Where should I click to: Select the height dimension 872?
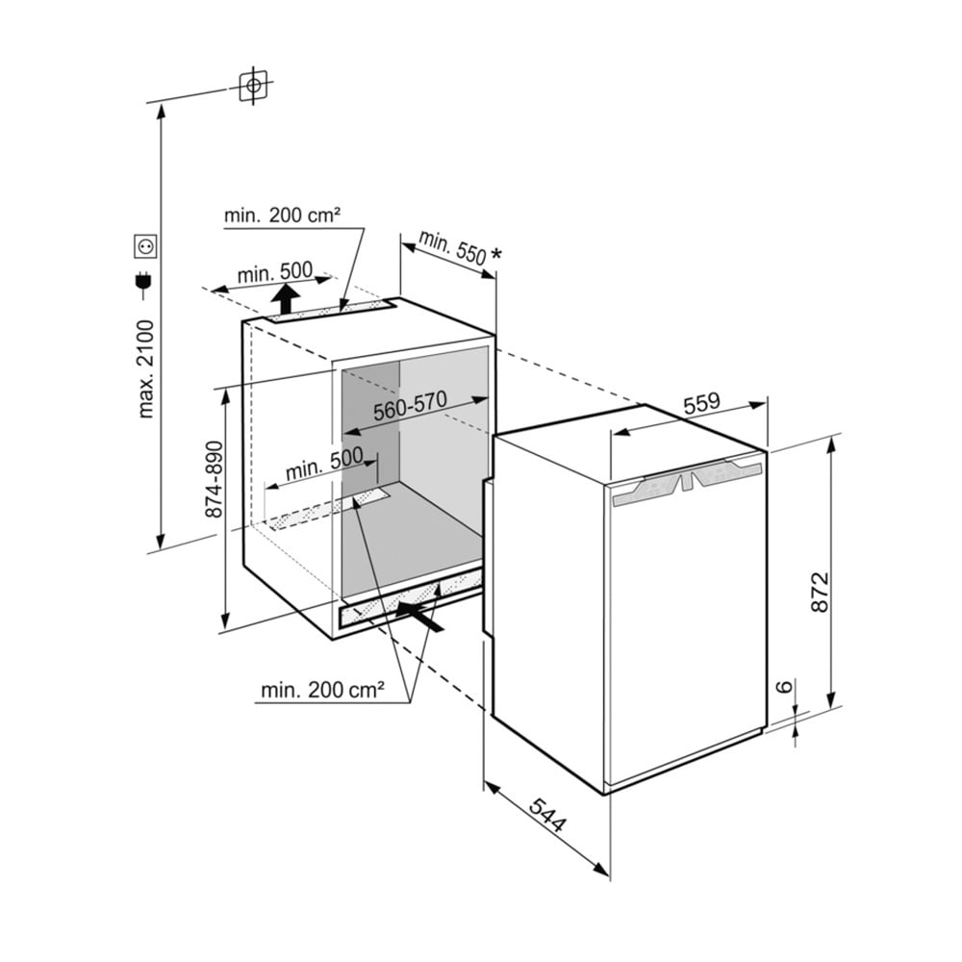pos(818,596)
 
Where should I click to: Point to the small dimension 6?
pos(785,687)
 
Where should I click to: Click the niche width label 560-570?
pos(411,407)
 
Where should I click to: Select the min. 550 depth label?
pos(452,248)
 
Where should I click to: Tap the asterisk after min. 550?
pos(496,255)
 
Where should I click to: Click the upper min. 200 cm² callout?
pos(282,215)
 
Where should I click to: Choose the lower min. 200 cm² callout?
pos(322,689)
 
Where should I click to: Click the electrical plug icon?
pos(146,281)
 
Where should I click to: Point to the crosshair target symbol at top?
pos(253,87)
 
